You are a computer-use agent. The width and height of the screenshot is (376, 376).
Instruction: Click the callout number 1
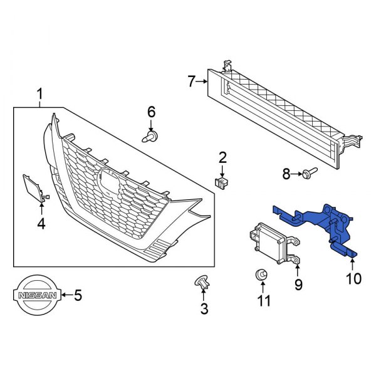pyautogui.click(x=39, y=95)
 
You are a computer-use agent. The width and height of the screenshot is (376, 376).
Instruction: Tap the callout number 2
pyautogui.click(x=222, y=157)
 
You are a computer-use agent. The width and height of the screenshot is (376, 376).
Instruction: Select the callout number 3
pyautogui.click(x=204, y=308)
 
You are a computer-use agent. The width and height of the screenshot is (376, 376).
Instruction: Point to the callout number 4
pyautogui.click(x=41, y=222)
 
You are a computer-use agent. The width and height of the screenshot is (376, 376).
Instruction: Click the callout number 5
pyautogui.click(x=78, y=295)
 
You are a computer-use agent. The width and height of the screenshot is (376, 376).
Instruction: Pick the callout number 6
pyautogui.click(x=151, y=112)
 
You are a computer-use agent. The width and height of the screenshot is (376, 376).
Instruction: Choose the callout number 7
pyautogui.click(x=192, y=80)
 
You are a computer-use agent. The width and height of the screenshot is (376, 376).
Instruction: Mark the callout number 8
pyautogui.click(x=286, y=174)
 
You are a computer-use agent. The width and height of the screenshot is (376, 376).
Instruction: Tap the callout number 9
pyautogui.click(x=298, y=285)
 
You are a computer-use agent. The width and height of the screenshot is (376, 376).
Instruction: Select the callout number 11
pyautogui.click(x=264, y=300)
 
